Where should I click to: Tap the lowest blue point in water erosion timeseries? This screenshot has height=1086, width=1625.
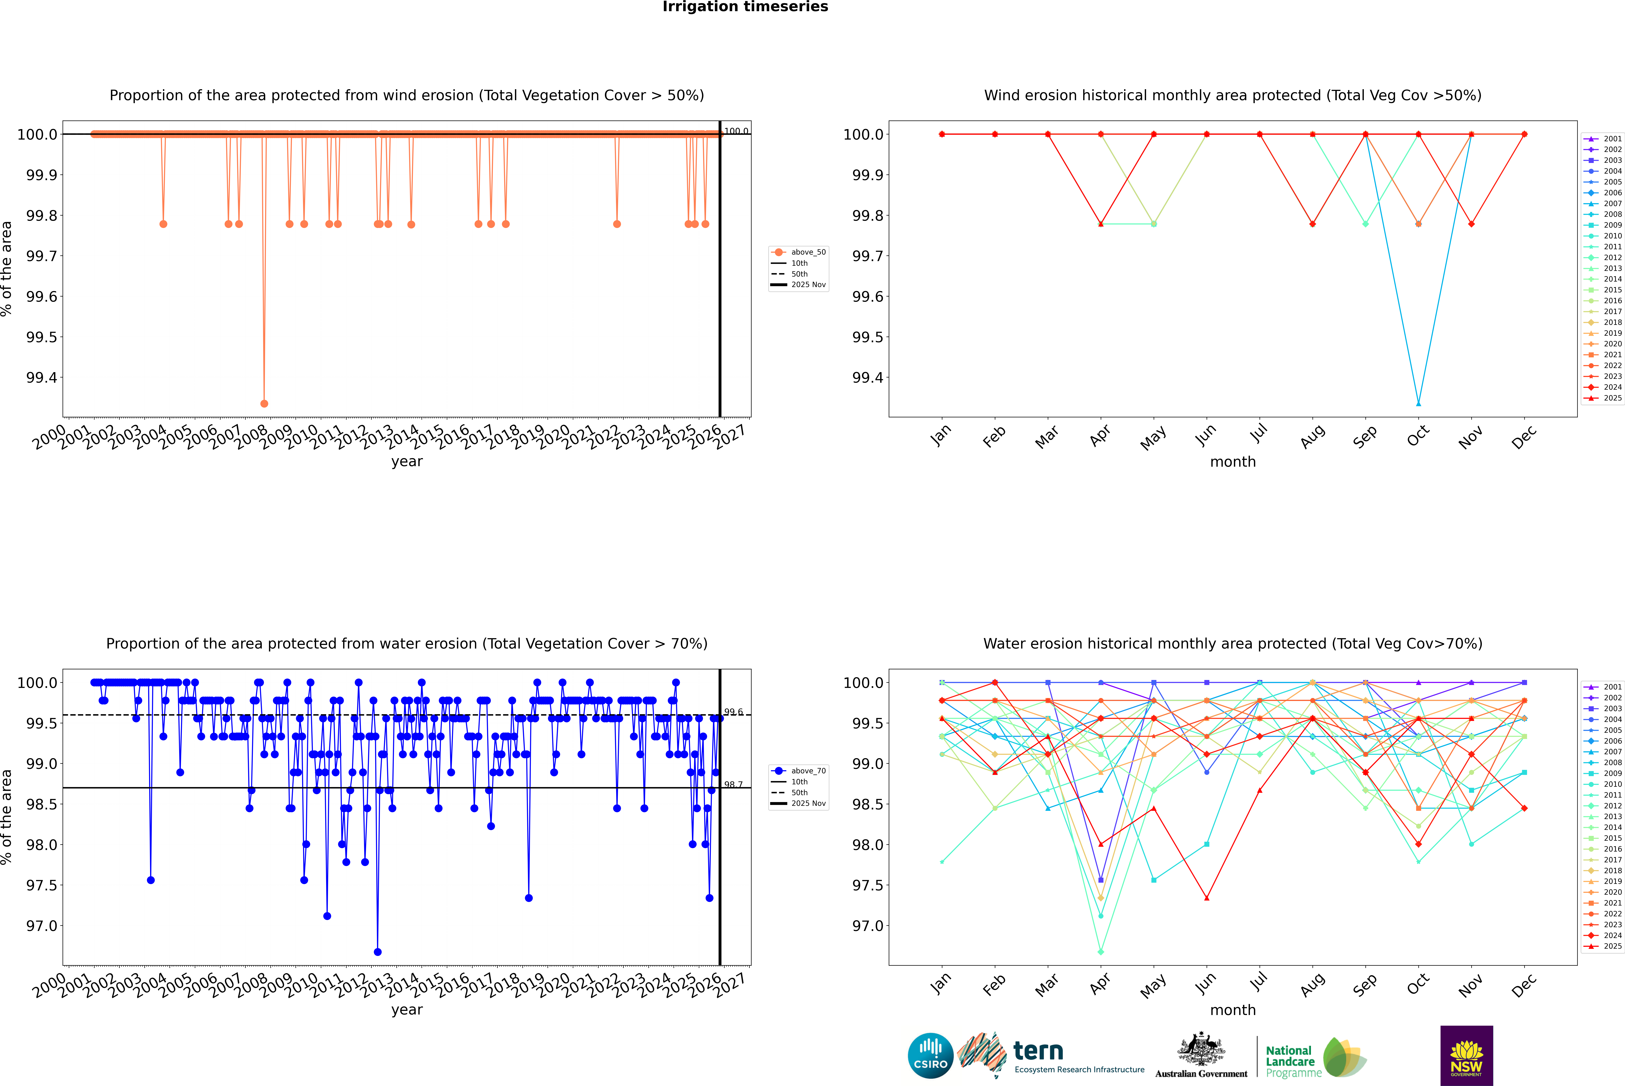377,952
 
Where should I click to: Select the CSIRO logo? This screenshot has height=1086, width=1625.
930,1056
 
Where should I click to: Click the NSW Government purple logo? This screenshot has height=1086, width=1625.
1466,1056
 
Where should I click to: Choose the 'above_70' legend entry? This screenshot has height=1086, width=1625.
808,771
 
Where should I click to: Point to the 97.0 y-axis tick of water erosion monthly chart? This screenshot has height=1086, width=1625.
867,926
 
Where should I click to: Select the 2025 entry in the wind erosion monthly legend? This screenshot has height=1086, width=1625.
1612,398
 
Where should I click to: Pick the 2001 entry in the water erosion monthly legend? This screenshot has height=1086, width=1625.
1612,687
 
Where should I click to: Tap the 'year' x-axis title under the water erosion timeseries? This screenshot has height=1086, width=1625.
407,1010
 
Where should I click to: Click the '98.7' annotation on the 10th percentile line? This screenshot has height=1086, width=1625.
734,785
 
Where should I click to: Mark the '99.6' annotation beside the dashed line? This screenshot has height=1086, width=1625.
734,712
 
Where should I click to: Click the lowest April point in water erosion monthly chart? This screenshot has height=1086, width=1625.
1101,952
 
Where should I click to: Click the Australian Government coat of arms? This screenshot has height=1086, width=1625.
1200,1049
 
